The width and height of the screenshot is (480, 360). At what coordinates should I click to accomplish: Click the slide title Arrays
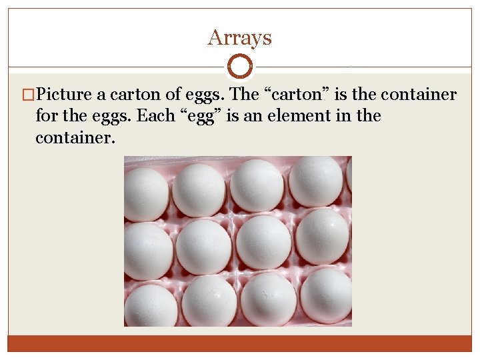tap(239, 37)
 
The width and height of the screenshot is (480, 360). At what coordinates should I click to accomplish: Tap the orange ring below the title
tap(239, 67)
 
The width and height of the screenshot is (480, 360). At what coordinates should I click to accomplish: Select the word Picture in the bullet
tap(66, 95)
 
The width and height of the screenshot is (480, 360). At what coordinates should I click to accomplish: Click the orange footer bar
tap(239, 343)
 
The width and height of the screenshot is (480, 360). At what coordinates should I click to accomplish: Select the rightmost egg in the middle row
tap(322, 237)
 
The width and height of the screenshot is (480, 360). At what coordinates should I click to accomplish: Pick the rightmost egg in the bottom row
tap(326, 295)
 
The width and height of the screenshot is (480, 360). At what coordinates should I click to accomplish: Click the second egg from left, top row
tap(199, 189)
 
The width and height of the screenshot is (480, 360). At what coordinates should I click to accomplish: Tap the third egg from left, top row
tap(257, 185)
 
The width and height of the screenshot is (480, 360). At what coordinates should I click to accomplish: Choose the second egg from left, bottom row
tap(209, 301)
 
